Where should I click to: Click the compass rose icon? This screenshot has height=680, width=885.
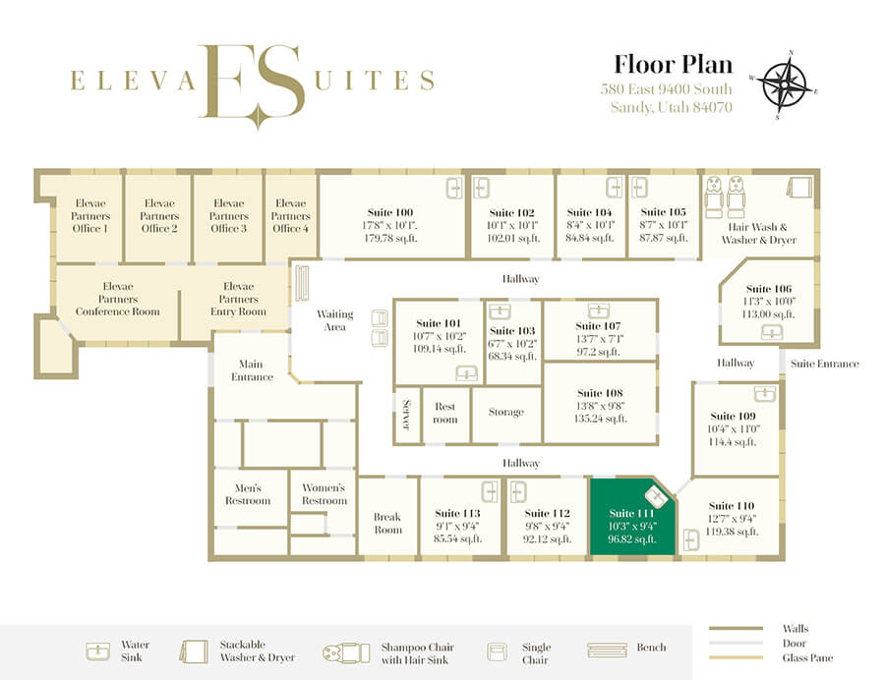coord(784,85)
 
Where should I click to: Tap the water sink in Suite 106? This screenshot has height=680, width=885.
coord(772,333)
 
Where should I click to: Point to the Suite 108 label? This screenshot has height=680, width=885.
coord(600,393)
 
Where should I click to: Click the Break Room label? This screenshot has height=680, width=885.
coord(387,523)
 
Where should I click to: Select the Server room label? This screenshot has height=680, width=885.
coord(406,415)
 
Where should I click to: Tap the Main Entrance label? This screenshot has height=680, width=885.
coord(252,370)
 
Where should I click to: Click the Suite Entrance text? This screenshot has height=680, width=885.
coord(825,364)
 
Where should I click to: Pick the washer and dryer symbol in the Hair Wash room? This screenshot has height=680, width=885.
coord(799,187)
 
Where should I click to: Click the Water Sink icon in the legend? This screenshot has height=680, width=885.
coord(97,652)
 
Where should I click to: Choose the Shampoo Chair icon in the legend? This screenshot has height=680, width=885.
coord(346,652)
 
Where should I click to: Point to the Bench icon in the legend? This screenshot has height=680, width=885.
coord(607,650)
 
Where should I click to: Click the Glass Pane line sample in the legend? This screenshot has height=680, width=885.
coord(736,657)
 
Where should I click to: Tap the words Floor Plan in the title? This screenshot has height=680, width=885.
coord(673,64)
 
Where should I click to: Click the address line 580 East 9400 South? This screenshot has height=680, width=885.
coord(666,89)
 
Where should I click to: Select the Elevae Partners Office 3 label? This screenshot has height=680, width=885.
coord(228,215)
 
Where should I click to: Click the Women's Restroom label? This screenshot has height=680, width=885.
coord(324,494)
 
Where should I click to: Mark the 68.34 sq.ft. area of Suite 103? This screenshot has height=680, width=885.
coord(512,357)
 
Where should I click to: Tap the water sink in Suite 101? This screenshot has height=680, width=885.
coord(467,372)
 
